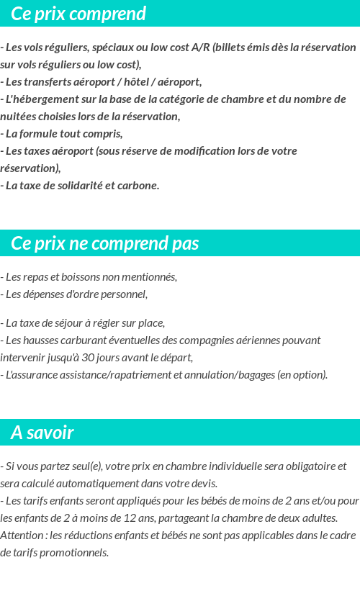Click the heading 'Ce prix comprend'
[78, 14]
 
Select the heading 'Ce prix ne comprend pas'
[105, 244]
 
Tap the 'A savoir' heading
[42, 433]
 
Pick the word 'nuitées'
[19, 117]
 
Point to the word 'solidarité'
[77, 186]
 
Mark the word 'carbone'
[139, 186]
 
